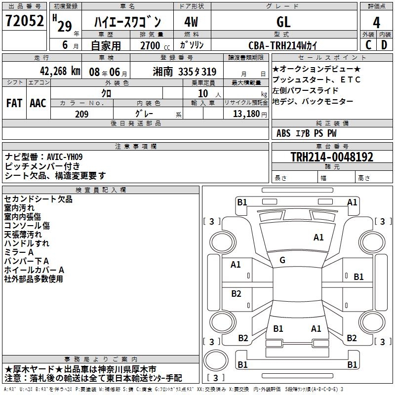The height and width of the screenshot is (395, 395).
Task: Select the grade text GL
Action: click(283, 22)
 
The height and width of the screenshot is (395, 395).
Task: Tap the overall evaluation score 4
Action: click(377, 22)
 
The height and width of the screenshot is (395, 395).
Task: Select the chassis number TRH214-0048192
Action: click(332, 157)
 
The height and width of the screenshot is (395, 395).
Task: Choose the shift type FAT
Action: click(14, 103)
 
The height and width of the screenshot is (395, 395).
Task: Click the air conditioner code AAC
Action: click(38, 103)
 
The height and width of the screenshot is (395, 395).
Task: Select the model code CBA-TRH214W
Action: click(283, 45)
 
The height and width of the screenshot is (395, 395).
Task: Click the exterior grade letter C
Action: click(368, 45)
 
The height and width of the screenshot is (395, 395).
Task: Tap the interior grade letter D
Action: click(384, 45)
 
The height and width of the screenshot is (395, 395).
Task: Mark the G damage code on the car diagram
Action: click(282, 260)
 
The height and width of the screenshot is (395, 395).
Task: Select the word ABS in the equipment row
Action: click(283, 133)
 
